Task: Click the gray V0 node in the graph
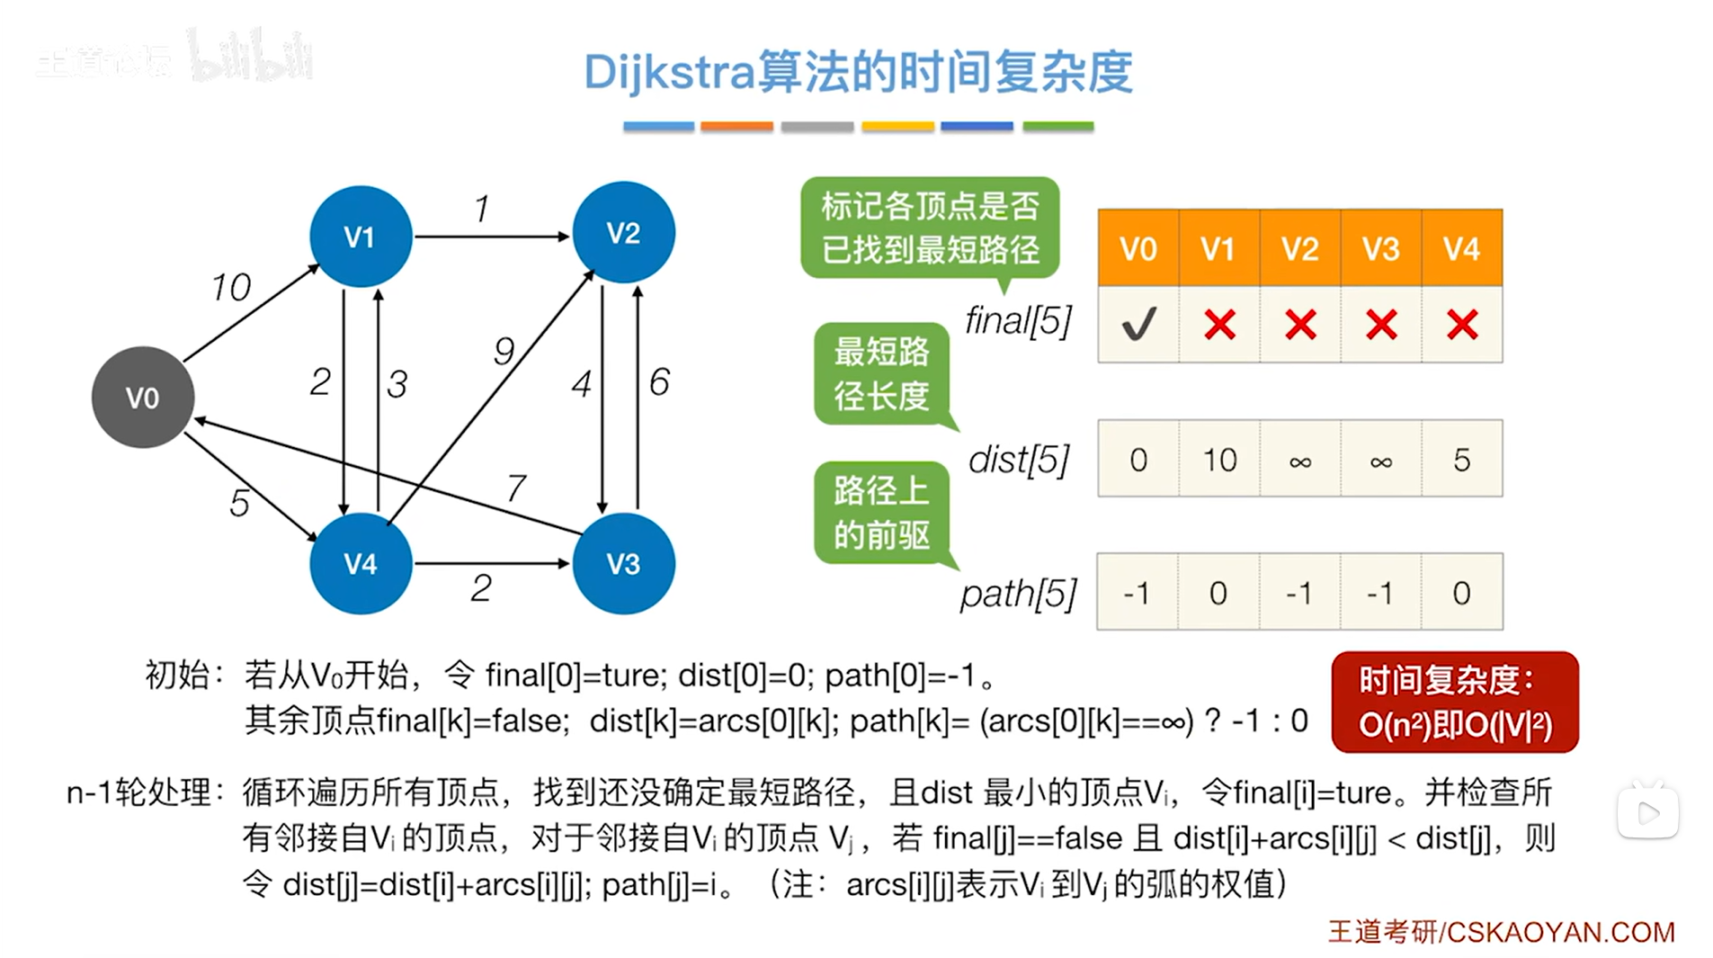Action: click(x=143, y=397)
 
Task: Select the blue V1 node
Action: click(x=360, y=237)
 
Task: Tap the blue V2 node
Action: click(x=623, y=233)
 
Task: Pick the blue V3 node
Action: click(x=623, y=563)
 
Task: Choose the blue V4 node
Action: click(x=360, y=563)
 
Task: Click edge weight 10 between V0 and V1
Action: click(x=231, y=288)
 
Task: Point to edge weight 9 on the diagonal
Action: click(x=504, y=350)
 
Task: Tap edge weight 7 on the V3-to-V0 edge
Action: click(x=516, y=488)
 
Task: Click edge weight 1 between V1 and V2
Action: click(x=482, y=209)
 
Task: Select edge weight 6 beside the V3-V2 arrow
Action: click(x=659, y=382)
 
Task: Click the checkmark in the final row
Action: click(x=1138, y=324)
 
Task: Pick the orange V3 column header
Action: click(x=1380, y=248)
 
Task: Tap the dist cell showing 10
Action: click(x=1219, y=460)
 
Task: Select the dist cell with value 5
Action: click(x=1461, y=460)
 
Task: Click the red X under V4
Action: click(x=1461, y=324)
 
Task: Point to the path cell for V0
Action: click(x=1138, y=593)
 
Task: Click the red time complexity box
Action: click(x=1454, y=703)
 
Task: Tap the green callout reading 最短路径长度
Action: click(x=881, y=373)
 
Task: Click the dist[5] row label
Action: click(x=1019, y=460)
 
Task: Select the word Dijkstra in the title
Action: click(x=668, y=72)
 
